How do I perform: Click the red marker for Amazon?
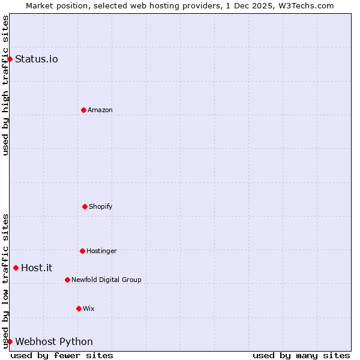pyautogui.click(x=83, y=110)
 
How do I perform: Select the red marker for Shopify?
pyautogui.click(x=85, y=206)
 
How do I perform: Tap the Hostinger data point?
pyautogui.click(x=82, y=251)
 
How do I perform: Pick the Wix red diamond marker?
pyautogui.click(x=79, y=308)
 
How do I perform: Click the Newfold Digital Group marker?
pyautogui.click(x=67, y=280)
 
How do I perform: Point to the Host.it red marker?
pyautogui.click(x=16, y=268)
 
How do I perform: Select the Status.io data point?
pyautogui.click(x=10, y=59)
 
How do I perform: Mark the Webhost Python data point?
pyautogui.click(x=10, y=341)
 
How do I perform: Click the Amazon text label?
pyautogui.click(x=100, y=110)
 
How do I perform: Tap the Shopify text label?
pyautogui.click(x=101, y=206)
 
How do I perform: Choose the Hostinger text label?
pyautogui.click(x=101, y=251)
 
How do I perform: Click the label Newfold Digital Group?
pyautogui.click(x=106, y=280)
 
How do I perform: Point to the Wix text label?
pyautogui.click(x=89, y=308)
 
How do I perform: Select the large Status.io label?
pyautogui.click(x=37, y=59)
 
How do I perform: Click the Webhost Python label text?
pyautogui.click(x=54, y=341)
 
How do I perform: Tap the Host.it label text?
pyautogui.click(x=37, y=268)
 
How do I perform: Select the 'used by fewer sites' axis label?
pyautogui.click(x=62, y=355)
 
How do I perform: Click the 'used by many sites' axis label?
pyautogui.click(x=301, y=355)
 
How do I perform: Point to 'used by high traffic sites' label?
pyautogui.click(x=5, y=85)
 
